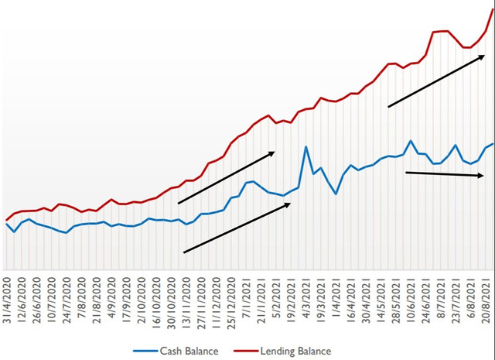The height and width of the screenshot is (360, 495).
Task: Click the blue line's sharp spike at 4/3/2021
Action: [x=306, y=146]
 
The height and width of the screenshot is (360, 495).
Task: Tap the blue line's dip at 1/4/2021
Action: [x=336, y=194]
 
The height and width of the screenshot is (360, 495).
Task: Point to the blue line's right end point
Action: [x=493, y=144]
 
